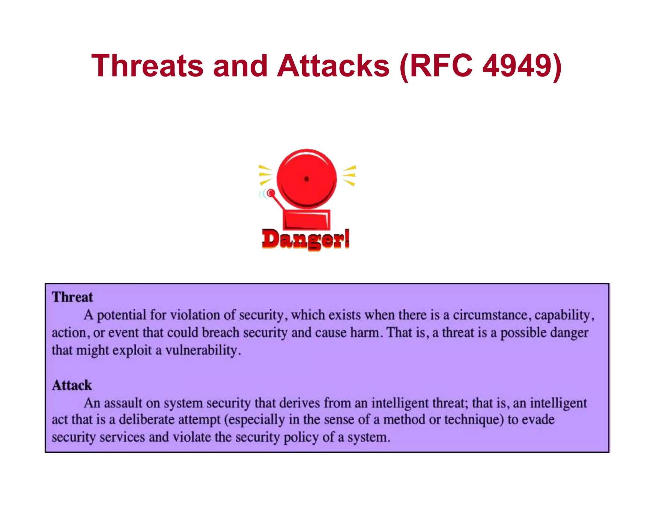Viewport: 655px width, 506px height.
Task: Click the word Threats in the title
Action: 147,66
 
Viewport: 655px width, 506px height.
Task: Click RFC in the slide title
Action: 441,66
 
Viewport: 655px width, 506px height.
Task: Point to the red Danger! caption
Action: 305,239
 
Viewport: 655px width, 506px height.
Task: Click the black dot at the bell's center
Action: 306,179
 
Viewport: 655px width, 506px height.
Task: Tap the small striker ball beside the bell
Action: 271,193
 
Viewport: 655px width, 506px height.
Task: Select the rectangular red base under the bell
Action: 306,220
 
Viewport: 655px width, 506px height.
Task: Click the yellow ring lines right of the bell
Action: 349,175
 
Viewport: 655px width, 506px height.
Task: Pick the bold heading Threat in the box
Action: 72,297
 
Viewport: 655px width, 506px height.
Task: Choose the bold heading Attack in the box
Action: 72,385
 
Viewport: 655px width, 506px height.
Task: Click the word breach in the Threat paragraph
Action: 221,333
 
